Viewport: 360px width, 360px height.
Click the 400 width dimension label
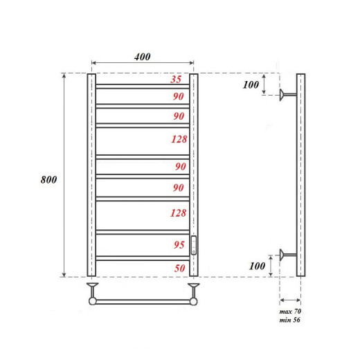click(142, 56)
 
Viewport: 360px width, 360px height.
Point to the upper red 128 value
click(179, 139)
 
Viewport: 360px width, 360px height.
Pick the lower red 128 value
click(179, 213)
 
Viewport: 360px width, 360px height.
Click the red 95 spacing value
click(179, 245)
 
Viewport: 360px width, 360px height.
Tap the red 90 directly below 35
click(179, 96)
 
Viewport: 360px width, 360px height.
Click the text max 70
click(290, 314)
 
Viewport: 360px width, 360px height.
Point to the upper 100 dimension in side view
click(251, 84)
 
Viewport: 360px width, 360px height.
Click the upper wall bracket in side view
click(286, 96)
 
